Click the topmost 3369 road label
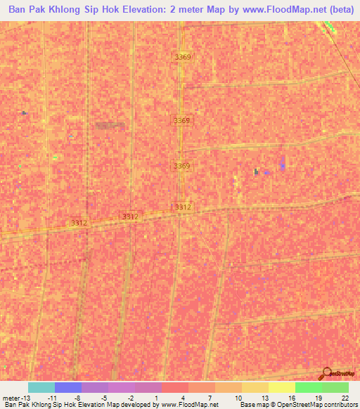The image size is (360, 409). [x=182, y=57]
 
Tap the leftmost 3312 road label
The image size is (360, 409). [x=79, y=223]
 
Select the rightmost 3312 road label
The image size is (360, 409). [x=183, y=207]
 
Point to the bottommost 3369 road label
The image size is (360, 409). [x=182, y=166]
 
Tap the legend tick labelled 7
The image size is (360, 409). [x=211, y=397]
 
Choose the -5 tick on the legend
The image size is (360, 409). [x=103, y=397]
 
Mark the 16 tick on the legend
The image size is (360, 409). [x=291, y=397]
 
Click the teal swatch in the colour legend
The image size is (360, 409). [x=41, y=387]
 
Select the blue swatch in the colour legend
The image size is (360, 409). [x=68, y=387]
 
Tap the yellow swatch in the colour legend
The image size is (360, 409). [x=281, y=387]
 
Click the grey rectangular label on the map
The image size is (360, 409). [x=109, y=125]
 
